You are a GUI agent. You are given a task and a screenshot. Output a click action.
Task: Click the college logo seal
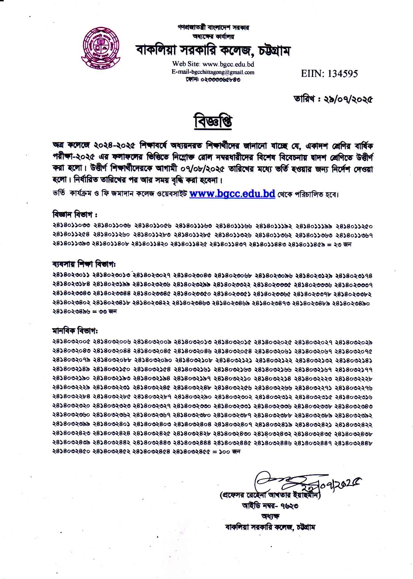101,47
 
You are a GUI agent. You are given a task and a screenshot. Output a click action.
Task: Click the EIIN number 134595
329,74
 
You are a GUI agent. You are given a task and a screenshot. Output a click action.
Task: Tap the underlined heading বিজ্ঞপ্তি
213,122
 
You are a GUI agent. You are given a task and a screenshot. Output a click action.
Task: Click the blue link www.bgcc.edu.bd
232,194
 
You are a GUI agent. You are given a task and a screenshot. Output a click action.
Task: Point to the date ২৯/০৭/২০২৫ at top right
333,99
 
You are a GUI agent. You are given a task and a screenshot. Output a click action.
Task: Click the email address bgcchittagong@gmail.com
213,72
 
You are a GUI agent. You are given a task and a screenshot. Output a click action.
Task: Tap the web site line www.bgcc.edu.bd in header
213,64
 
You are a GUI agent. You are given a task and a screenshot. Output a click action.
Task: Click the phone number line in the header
213,79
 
